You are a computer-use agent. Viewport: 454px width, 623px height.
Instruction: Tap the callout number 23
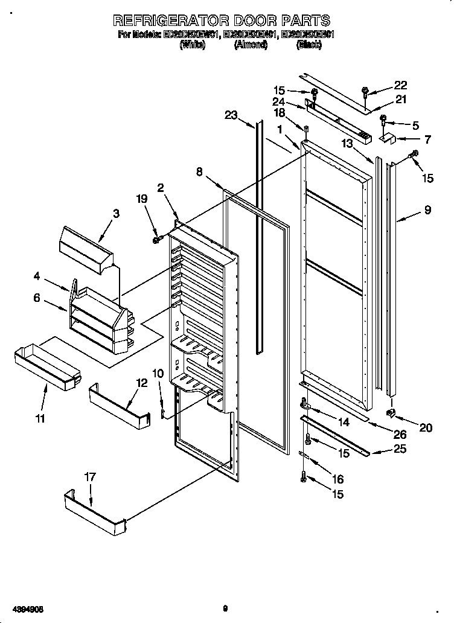click(231, 116)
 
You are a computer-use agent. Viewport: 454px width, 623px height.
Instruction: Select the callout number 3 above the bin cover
click(116, 213)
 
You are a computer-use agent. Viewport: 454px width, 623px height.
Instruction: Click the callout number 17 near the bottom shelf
click(89, 477)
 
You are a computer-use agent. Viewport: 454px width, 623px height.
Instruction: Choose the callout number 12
click(141, 382)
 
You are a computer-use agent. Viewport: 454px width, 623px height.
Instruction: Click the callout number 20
click(426, 428)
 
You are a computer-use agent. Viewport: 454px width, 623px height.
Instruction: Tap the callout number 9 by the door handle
click(427, 211)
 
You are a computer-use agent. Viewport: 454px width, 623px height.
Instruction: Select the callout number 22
click(401, 85)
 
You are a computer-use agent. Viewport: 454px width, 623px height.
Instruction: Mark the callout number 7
click(427, 139)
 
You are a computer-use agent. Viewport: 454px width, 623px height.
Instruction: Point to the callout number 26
click(400, 433)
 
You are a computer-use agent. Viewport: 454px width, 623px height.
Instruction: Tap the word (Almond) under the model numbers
click(251, 45)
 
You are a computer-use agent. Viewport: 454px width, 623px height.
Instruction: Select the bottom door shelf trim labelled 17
click(94, 513)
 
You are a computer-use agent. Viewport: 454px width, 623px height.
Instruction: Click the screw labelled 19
click(157, 240)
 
